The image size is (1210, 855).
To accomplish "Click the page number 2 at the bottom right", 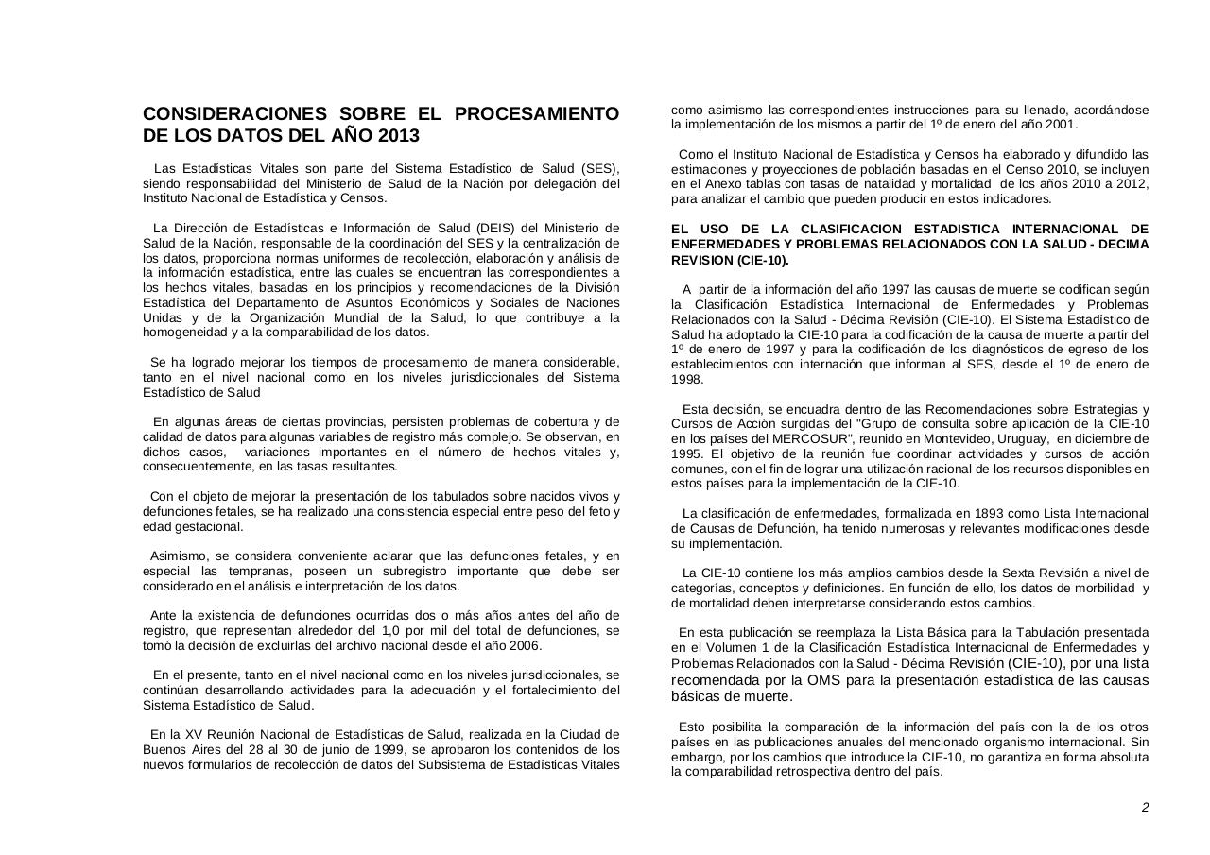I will pyautogui.click(x=1145, y=807).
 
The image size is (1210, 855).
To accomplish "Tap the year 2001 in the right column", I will pyautogui.click(x=1059, y=125).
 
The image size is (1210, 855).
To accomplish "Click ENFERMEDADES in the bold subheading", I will pyautogui.click(x=721, y=245).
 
